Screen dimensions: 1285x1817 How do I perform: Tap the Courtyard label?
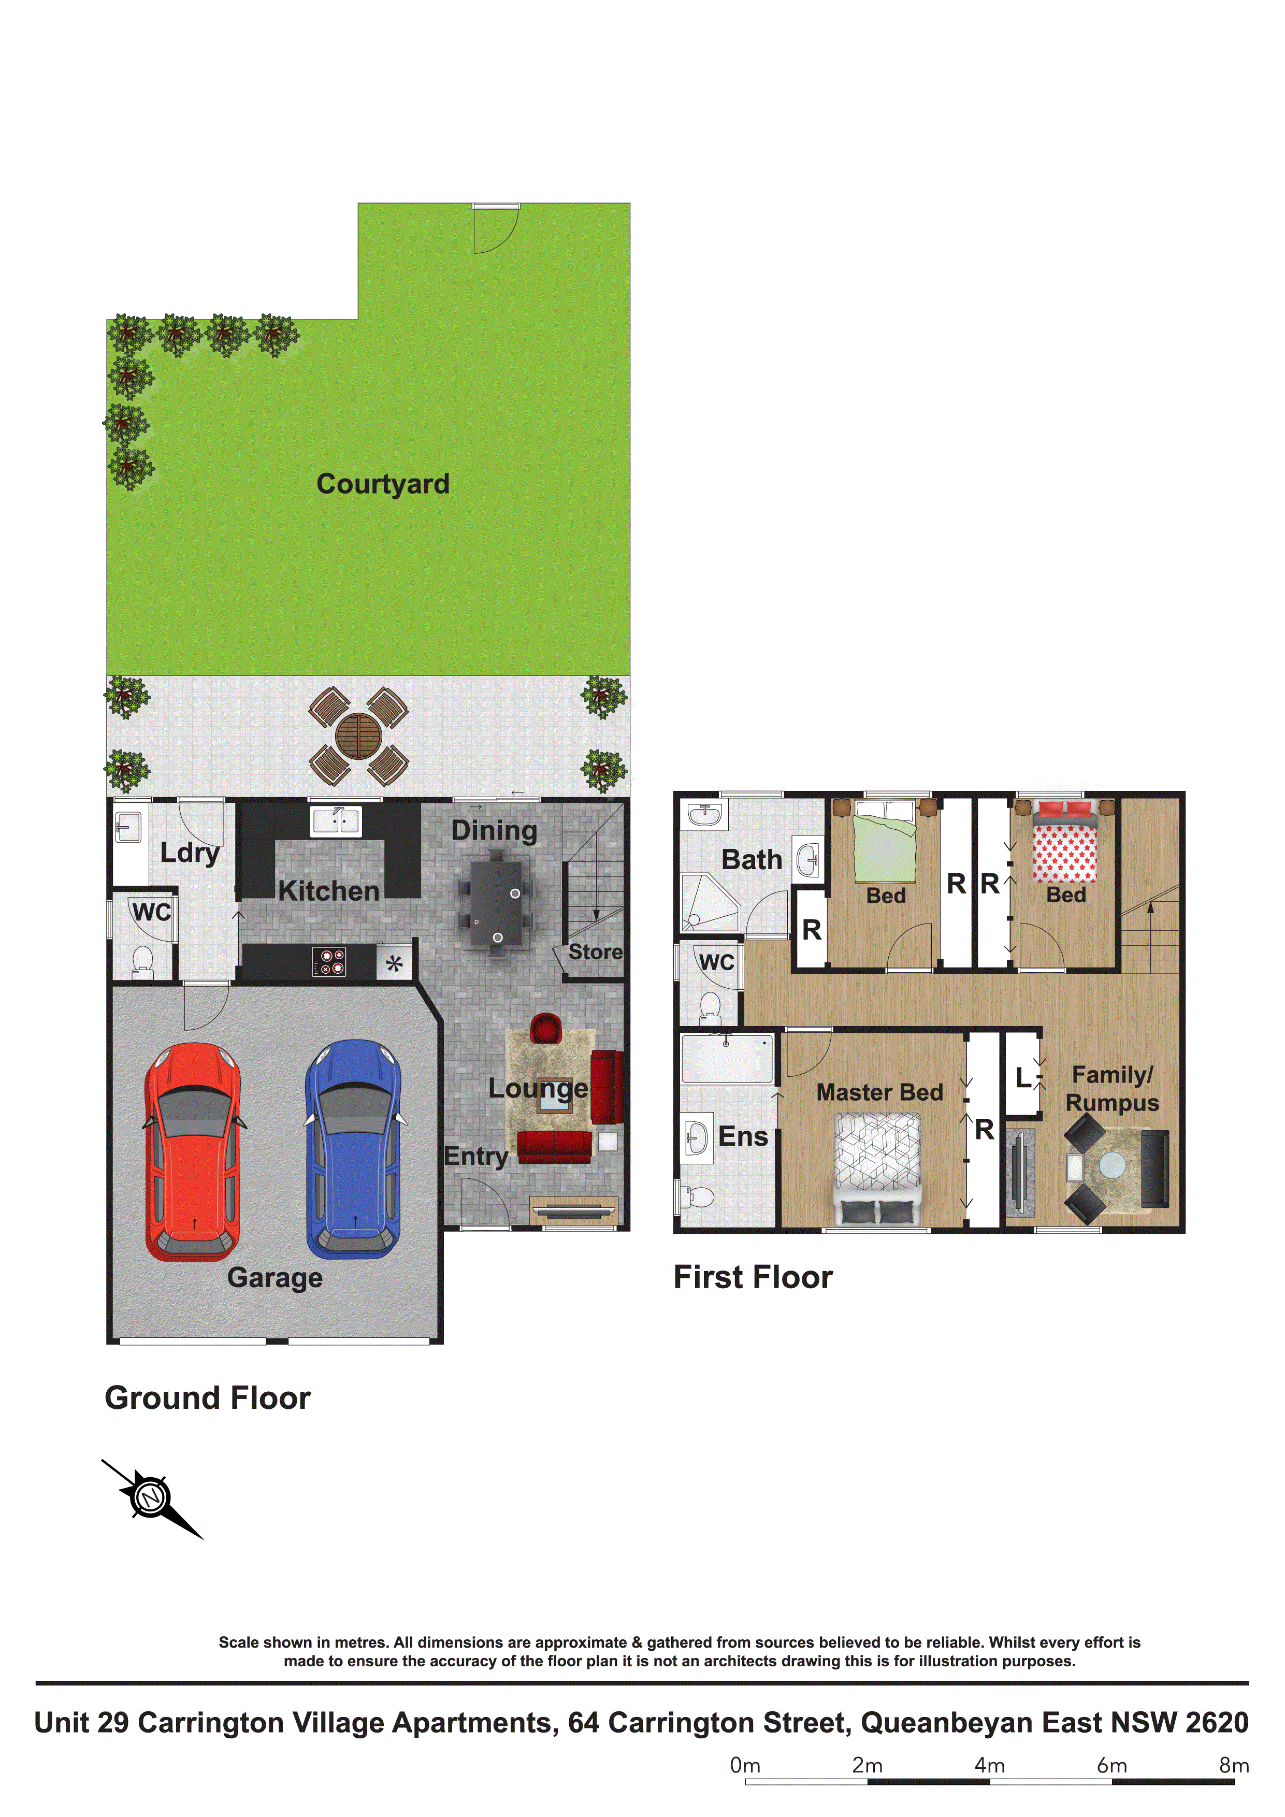coord(383,484)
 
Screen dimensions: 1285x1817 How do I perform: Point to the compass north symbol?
coord(150,1498)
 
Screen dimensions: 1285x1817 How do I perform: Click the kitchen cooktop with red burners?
coord(329,961)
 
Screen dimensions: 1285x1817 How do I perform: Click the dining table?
coord(496,902)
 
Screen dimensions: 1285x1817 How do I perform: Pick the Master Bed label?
coord(879,1092)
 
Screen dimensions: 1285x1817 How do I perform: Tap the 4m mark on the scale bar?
coord(990,1765)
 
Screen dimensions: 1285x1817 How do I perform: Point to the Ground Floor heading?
coord(207,1397)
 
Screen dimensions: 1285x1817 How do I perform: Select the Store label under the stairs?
coord(595,952)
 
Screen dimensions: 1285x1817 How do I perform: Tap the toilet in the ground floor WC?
coord(142,960)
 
